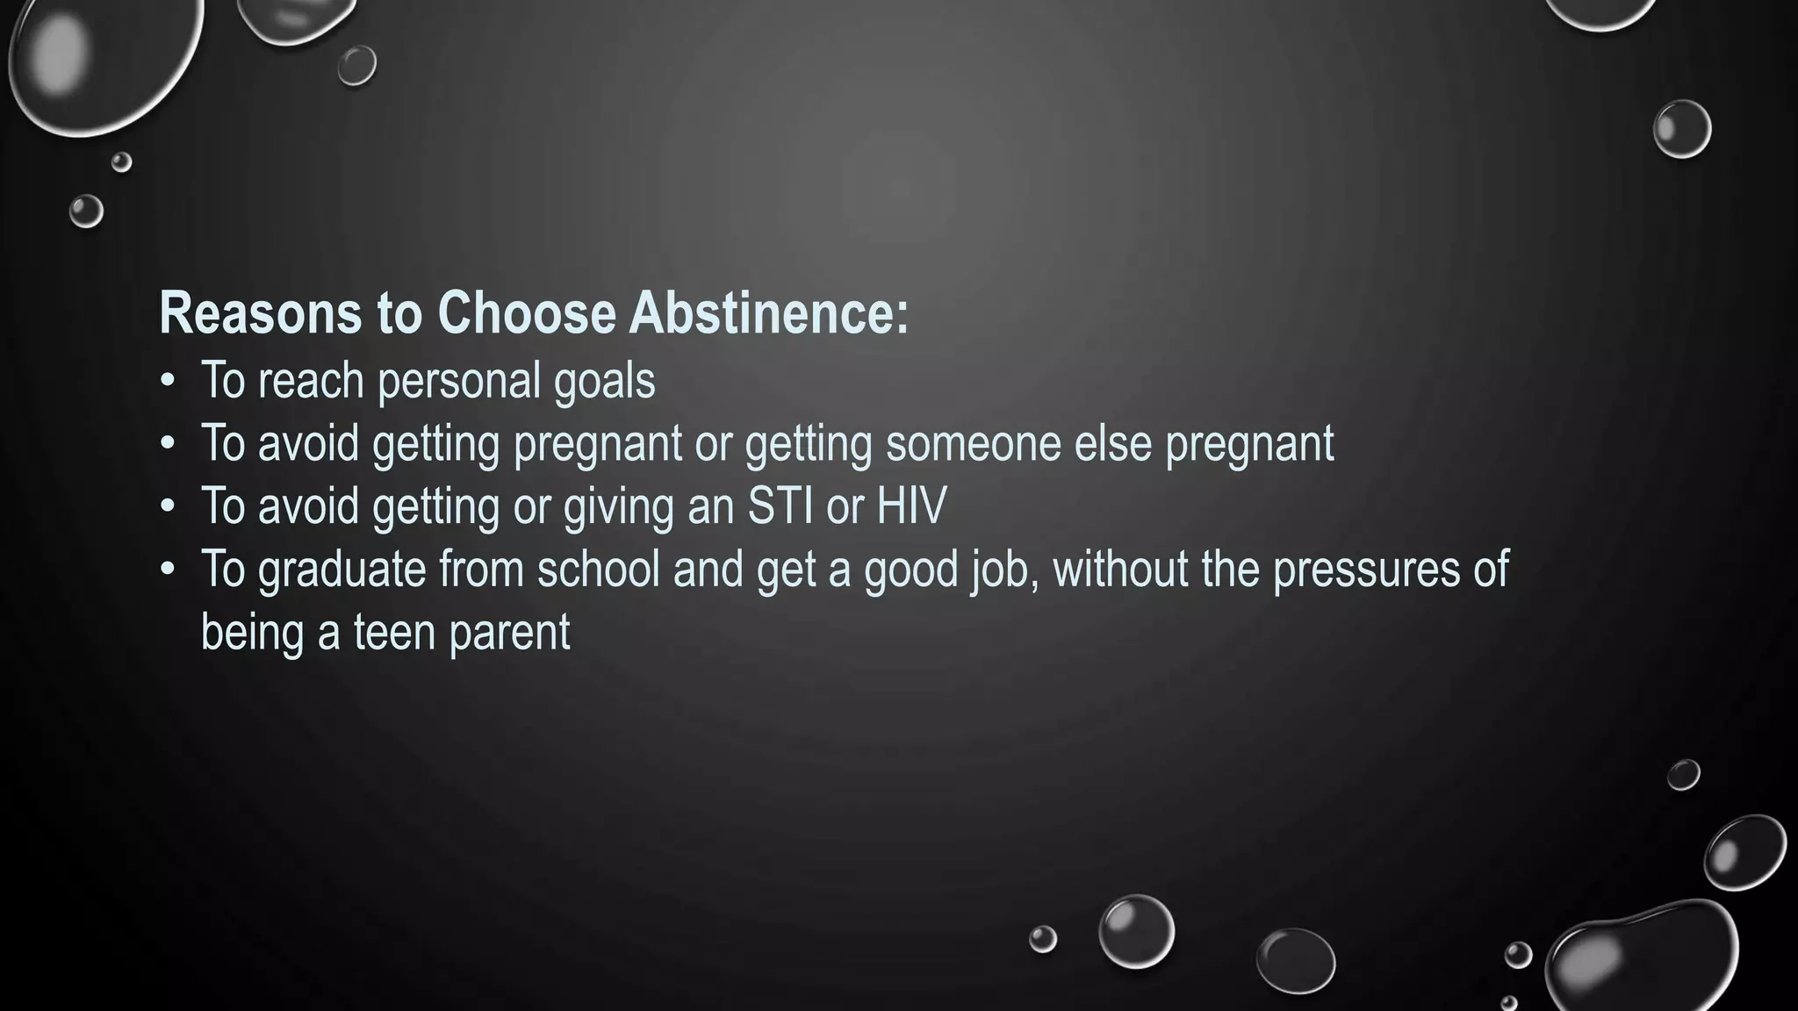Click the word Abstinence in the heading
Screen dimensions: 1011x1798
coord(768,313)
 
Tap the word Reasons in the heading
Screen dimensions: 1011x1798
coord(260,313)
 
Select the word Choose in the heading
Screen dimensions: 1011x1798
coord(527,313)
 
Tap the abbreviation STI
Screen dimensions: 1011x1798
coord(780,506)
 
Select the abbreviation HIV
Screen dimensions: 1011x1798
coord(911,506)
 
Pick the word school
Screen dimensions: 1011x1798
coord(598,570)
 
